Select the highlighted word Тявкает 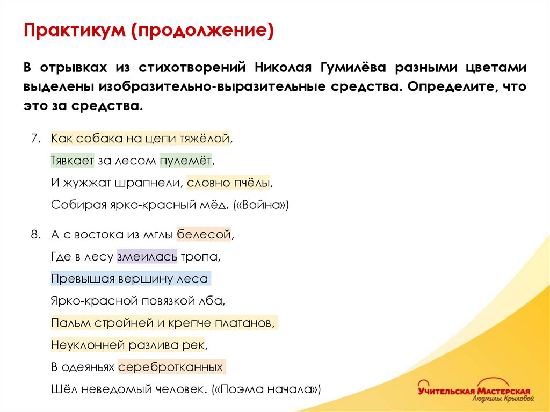73,160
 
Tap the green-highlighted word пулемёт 186,160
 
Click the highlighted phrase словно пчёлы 229,183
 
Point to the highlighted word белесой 204,234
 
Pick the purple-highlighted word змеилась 147,257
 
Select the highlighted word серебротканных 171,367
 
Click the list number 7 35,138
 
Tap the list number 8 35,234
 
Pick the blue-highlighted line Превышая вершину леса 129,279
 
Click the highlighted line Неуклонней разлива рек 128,344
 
